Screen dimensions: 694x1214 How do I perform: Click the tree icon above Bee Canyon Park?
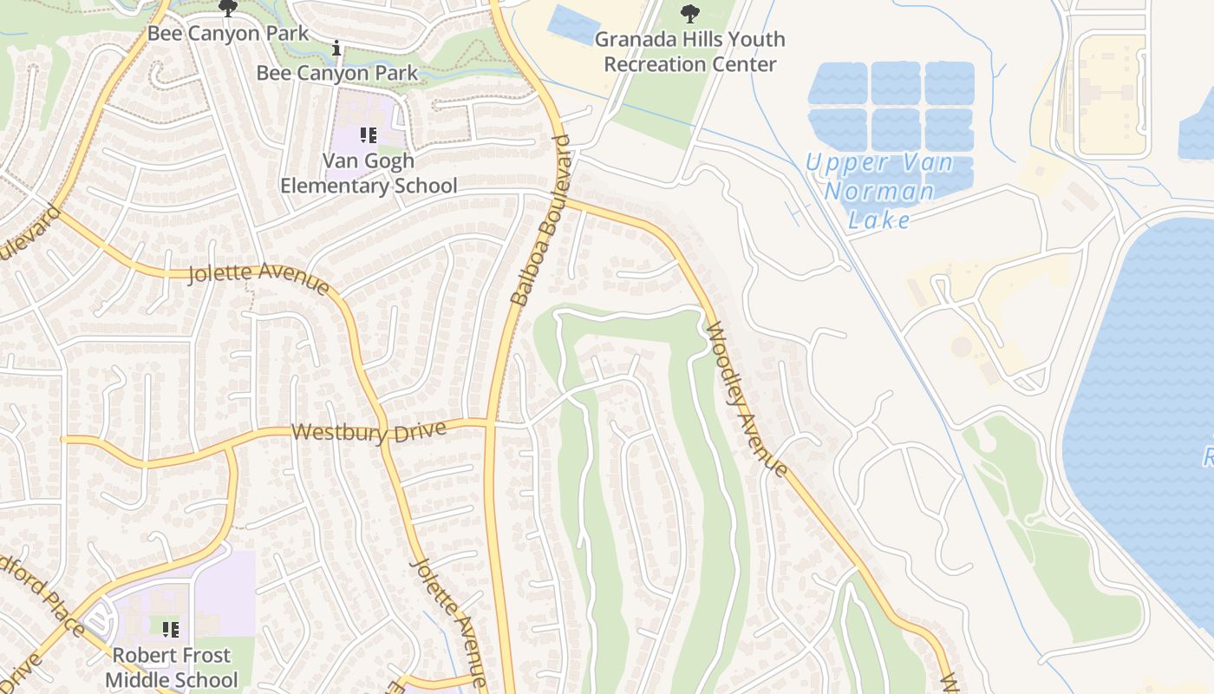[228, 10]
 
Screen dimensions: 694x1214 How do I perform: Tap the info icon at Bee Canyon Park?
[336, 48]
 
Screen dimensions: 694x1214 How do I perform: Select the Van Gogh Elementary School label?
[369, 173]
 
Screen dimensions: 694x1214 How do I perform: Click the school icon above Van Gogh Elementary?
[368, 135]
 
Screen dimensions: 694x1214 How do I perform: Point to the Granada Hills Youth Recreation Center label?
[690, 51]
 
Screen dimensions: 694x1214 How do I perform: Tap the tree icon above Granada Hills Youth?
[690, 13]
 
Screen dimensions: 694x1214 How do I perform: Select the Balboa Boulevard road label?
[543, 220]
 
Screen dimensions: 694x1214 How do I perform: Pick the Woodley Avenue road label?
[747, 400]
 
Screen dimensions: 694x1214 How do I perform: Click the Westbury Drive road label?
[369, 431]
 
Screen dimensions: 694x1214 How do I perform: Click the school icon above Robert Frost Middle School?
[171, 629]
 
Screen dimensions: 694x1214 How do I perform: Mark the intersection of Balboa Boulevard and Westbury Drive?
[491, 423]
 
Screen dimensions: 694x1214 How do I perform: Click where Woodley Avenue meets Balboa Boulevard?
[566, 201]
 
